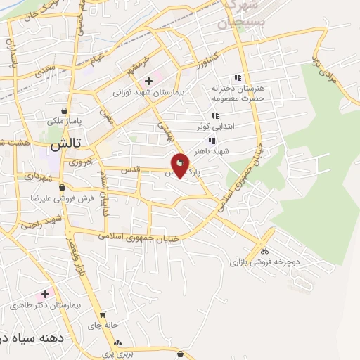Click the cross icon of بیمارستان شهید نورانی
(x=148, y=81)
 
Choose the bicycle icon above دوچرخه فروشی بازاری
(x=264, y=250)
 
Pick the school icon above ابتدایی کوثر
(x=214, y=117)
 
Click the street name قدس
(x=130, y=170)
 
